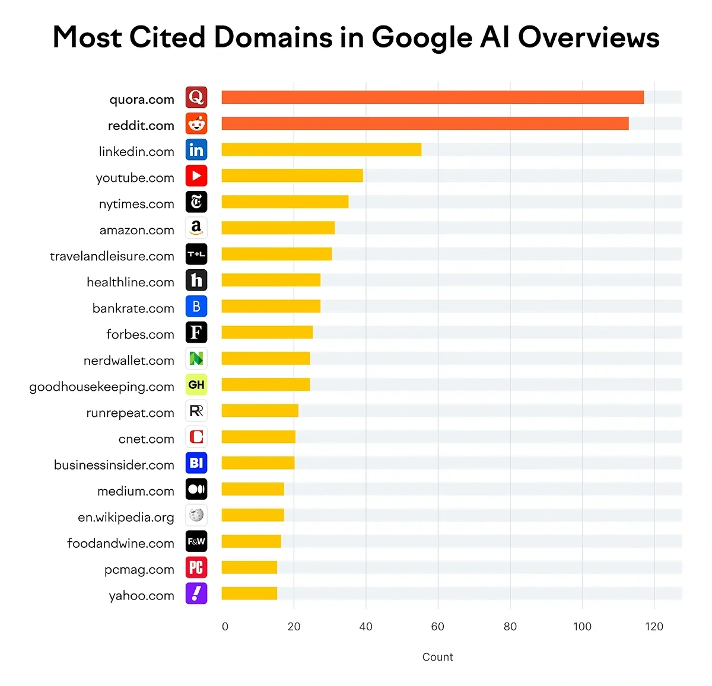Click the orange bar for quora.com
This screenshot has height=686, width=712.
pos(433,97)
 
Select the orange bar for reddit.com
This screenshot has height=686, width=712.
pos(425,123)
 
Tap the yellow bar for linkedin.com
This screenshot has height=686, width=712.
pos(321,149)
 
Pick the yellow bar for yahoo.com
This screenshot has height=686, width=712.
pos(249,593)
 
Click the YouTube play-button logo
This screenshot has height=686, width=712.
pos(196,176)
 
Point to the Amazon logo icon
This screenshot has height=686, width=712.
pos(196,228)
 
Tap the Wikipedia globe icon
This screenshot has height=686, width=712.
pos(196,515)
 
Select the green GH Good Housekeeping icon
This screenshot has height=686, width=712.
pos(196,385)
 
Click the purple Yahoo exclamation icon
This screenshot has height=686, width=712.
pos(196,594)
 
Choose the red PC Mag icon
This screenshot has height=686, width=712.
pos(196,567)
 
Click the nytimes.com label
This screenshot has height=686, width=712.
pos(136,204)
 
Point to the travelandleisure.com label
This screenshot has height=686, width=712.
pos(112,256)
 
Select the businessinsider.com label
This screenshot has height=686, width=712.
pos(114,465)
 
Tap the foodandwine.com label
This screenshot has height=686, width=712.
pos(120,543)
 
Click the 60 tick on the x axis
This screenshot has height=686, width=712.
pos(438,627)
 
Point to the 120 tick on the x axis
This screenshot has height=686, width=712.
pos(654,627)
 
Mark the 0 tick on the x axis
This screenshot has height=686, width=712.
pos(225,627)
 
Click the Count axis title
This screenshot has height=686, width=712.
pos(437,657)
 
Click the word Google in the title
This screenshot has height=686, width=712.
pos(422,38)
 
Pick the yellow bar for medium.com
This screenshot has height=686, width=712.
pos(253,489)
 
